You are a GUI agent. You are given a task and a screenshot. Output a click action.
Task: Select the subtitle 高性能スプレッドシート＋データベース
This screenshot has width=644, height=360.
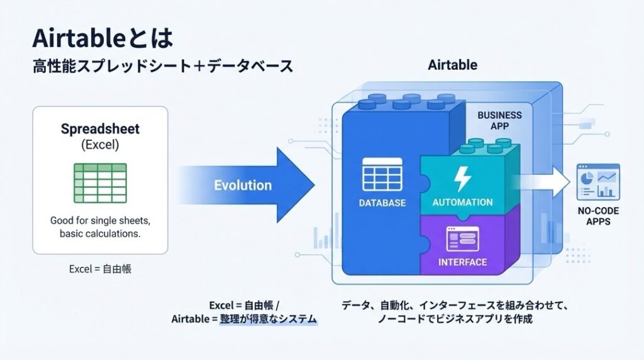tap(162, 66)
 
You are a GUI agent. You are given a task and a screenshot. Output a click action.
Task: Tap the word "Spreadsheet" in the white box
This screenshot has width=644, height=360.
tap(101, 129)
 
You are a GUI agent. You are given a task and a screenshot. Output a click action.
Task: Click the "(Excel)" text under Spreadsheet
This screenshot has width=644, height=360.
tap(101, 144)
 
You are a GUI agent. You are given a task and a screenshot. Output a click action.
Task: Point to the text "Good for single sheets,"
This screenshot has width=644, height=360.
tap(101, 221)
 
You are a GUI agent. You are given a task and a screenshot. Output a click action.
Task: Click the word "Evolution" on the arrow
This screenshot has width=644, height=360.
tap(243, 185)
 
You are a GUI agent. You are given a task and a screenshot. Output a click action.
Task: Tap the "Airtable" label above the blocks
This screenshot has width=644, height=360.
tap(452, 65)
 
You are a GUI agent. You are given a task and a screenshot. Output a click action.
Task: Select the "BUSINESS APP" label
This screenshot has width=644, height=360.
tap(499, 120)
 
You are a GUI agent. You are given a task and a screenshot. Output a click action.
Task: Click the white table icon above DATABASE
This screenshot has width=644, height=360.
tap(382, 174)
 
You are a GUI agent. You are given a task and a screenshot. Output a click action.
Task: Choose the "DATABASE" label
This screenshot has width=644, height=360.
tap(382, 203)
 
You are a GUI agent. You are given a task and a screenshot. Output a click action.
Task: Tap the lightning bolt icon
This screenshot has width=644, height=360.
tap(462, 179)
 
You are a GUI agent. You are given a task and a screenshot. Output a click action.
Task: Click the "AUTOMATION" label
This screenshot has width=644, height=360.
tap(462, 203)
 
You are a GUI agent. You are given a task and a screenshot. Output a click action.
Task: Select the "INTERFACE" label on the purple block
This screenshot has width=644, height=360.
tap(462, 262)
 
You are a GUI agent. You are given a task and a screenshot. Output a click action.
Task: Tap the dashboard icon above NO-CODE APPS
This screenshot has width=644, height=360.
tap(598, 181)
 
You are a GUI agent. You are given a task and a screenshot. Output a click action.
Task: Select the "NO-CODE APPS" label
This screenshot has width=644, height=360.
tap(598, 217)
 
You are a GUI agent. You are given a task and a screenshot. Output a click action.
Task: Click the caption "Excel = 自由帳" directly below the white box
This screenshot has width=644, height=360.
tap(101, 269)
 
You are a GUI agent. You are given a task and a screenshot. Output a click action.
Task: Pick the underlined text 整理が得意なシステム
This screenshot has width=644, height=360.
tap(269, 319)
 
